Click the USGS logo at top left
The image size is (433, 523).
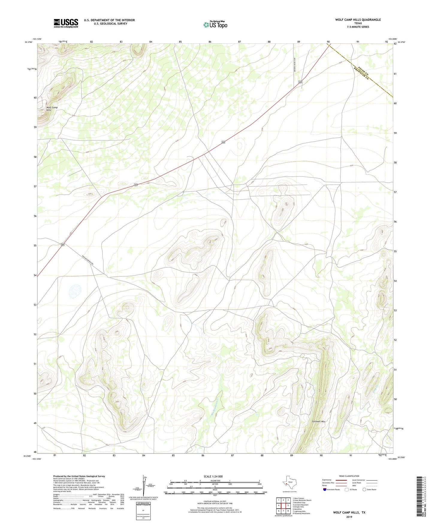66,23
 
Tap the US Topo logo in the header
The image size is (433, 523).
215,25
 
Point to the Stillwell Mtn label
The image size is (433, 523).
319,421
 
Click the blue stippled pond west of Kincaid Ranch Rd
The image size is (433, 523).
75,290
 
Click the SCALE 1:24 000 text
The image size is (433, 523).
213,477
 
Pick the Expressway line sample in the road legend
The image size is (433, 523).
341,480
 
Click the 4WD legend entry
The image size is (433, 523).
364,486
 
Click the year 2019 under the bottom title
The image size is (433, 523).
349,517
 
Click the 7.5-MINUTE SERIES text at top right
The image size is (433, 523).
358,27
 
